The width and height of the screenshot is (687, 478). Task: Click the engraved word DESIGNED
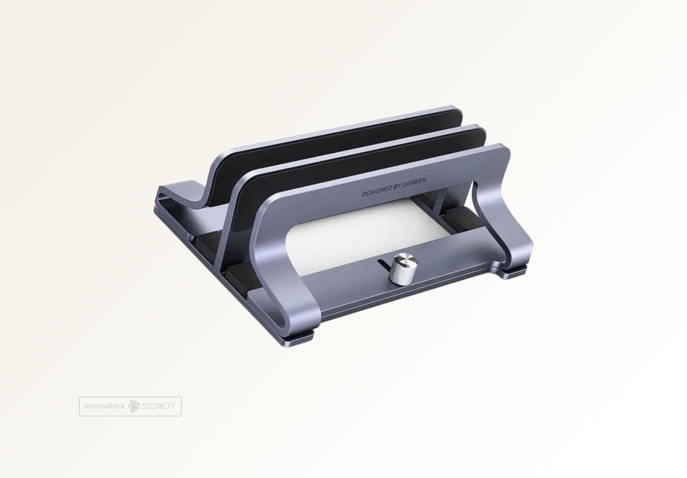[x=376, y=192]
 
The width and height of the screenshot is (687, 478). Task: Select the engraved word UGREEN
[x=415, y=182]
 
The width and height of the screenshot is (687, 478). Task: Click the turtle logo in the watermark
[x=134, y=406]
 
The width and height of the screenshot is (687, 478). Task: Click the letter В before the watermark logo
[x=122, y=407]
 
